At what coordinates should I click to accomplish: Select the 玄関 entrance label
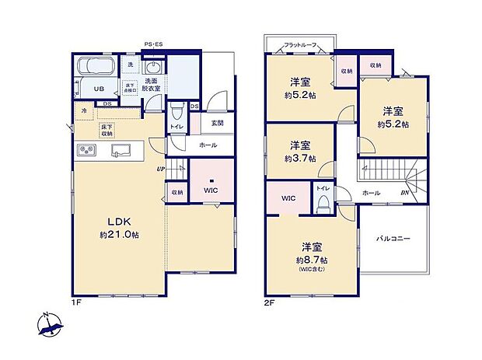pyautogui.click(x=217, y=123)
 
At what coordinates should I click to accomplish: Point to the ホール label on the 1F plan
pyautogui.click(x=208, y=145)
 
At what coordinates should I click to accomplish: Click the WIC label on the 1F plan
pyautogui.click(x=211, y=190)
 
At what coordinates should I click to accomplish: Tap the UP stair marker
pyautogui.click(x=159, y=168)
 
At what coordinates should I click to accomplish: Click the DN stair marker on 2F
pyautogui.click(x=404, y=192)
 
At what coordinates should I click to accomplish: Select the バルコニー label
pyautogui.click(x=394, y=239)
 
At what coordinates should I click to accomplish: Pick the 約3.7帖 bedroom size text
pyautogui.click(x=301, y=159)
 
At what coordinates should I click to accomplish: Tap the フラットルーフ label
pyautogui.click(x=299, y=45)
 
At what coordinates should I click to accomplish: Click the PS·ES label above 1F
pyautogui.click(x=152, y=44)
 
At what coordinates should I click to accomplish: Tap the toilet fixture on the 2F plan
pyautogui.click(x=322, y=203)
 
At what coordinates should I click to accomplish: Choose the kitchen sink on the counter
pyautogui.click(x=120, y=150)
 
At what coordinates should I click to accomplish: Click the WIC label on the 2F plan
pyautogui.click(x=288, y=198)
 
